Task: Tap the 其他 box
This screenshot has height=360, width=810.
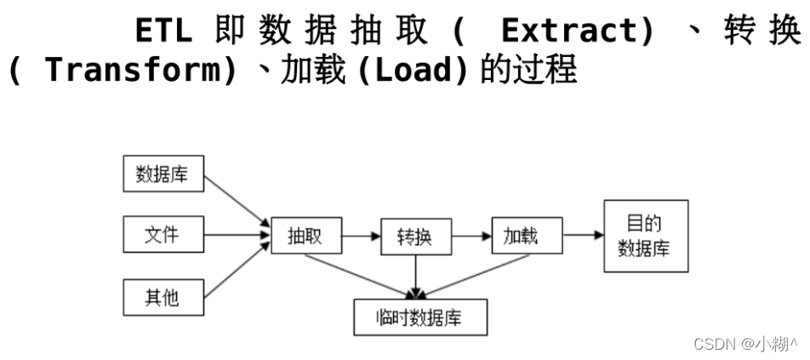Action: pyautogui.click(x=162, y=298)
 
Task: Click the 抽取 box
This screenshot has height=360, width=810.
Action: pyautogui.click(x=305, y=236)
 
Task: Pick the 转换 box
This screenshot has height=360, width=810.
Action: pyautogui.click(x=414, y=236)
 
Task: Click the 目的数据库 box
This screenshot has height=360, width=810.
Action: pyautogui.click(x=646, y=236)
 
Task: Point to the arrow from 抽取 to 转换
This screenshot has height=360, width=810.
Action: pyautogui.click(x=361, y=235)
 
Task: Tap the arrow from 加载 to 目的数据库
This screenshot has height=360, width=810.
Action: pyautogui.click(x=583, y=235)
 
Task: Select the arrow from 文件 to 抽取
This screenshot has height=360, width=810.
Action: pyautogui.click(x=234, y=234)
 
